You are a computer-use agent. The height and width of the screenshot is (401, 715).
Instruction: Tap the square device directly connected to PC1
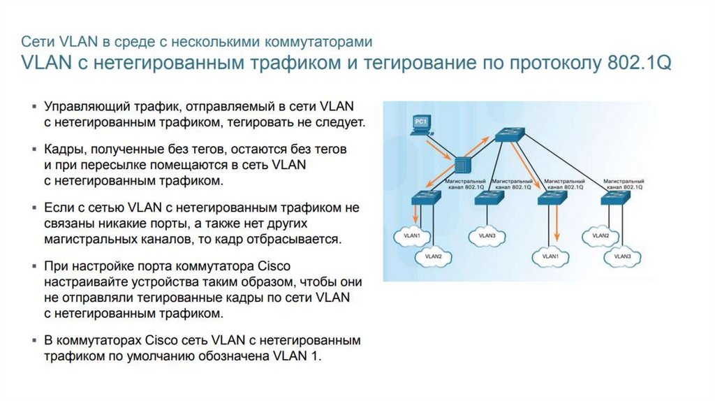462,166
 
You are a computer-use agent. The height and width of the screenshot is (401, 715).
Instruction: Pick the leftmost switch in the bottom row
425,198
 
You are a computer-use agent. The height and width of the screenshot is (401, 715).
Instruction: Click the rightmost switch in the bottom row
615,198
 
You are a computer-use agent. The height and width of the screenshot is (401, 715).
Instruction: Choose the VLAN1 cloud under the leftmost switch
412,235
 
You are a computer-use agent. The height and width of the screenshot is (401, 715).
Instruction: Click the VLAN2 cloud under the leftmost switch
433,256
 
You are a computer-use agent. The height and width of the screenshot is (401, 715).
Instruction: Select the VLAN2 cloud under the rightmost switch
601,235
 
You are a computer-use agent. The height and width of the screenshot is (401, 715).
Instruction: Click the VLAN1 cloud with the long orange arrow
550,256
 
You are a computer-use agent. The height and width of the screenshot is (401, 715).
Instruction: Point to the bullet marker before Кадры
35,150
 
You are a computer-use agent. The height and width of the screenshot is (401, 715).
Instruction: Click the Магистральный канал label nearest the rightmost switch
624,184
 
